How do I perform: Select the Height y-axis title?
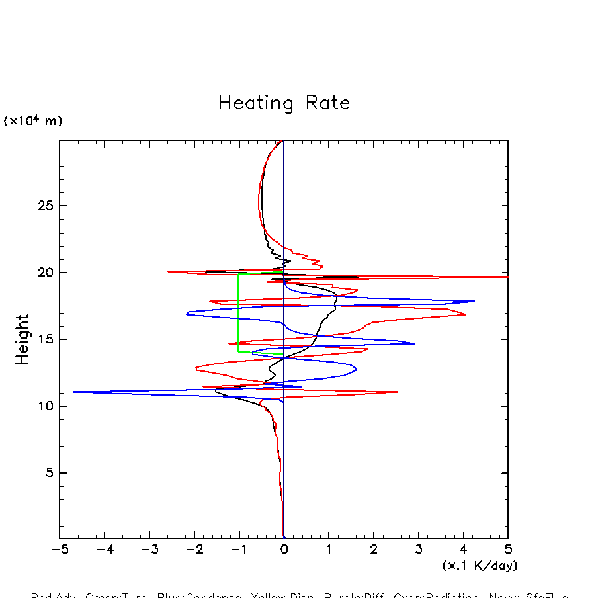tap(22, 339)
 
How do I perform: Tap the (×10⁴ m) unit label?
tap(33, 121)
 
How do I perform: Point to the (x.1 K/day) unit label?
tap(480, 566)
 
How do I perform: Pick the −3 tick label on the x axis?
tap(149, 550)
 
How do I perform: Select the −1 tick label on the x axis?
tap(239, 550)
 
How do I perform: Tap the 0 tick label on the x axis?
tap(284, 550)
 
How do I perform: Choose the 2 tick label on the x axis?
tap(374, 550)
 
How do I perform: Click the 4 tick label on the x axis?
tap(463, 550)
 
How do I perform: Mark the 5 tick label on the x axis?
tap(508, 550)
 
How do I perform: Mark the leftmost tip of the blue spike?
tap(73, 392)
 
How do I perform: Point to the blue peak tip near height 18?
tap(474, 301)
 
